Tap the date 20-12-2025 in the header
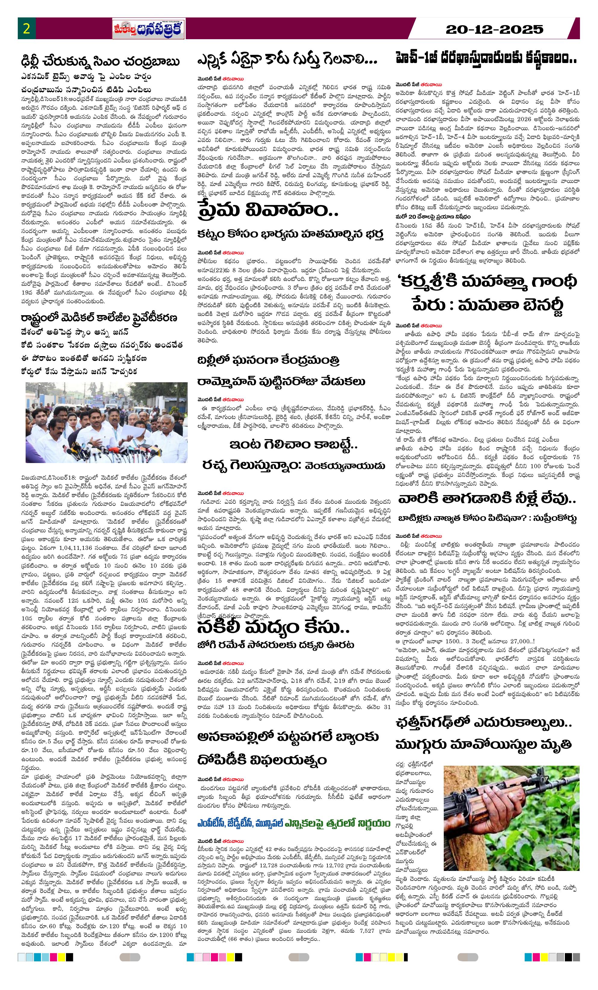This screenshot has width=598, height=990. (x=494, y=29)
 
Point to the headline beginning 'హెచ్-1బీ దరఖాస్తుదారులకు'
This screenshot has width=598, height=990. (x=486, y=59)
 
